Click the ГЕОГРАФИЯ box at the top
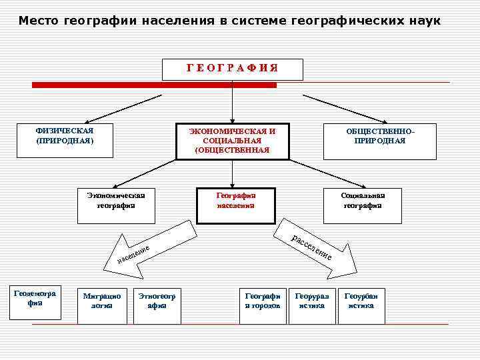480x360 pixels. [232, 69]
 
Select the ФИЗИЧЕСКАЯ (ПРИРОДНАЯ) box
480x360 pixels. [65, 140]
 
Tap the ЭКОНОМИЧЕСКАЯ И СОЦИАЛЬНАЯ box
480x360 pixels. [232, 141]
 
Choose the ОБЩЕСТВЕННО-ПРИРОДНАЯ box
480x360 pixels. [379, 141]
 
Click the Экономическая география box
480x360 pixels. [116, 205]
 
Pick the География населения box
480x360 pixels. [236, 205]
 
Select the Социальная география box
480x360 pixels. [363, 205]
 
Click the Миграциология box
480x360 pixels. [102, 305]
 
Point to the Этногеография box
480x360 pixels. [157, 305]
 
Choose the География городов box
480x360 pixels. [263, 305]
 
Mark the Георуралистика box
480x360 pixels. [312, 305]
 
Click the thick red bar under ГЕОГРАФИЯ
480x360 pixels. [154, 85]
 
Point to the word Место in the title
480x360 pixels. [39, 21]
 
